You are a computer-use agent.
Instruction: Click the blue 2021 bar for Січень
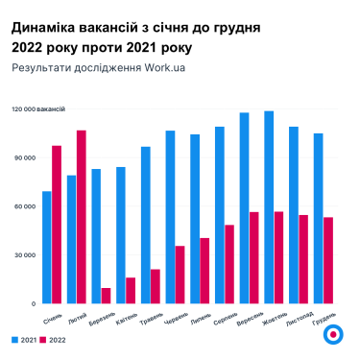tap(47, 248)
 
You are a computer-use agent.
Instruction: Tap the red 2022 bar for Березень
tap(106, 296)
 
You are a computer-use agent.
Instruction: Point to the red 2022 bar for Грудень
tap(328, 260)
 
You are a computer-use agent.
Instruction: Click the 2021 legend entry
tap(25, 340)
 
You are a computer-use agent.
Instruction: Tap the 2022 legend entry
tap(54, 340)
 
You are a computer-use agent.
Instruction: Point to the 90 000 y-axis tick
tap(24, 157)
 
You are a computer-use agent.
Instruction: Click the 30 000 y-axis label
tap(24, 255)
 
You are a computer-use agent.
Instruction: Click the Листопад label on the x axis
tap(299, 318)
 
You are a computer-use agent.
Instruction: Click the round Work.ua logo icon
tap(331, 334)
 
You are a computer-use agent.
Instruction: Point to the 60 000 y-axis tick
tap(24, 206)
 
